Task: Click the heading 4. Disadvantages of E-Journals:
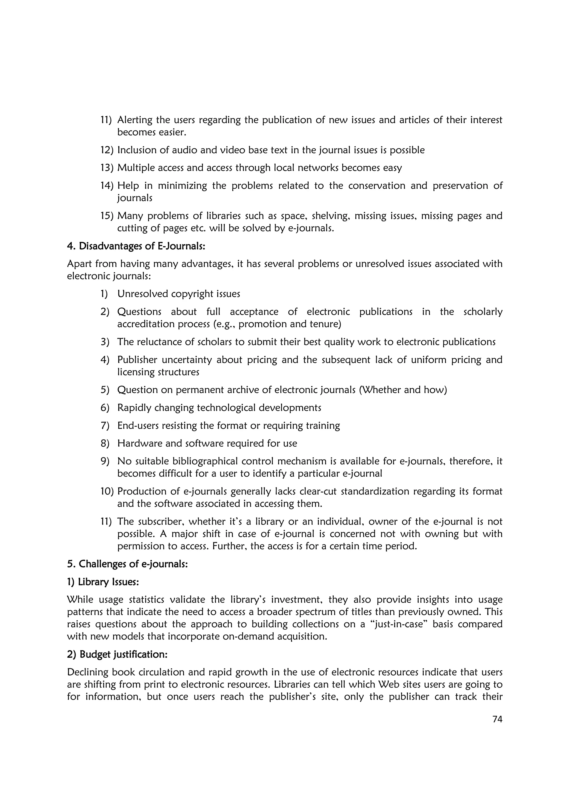[x=136, y=246]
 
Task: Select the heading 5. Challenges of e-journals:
[x=127, y=564]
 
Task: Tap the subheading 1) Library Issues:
[x=103, y=582]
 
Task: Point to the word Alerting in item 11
[x=135, y=120]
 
